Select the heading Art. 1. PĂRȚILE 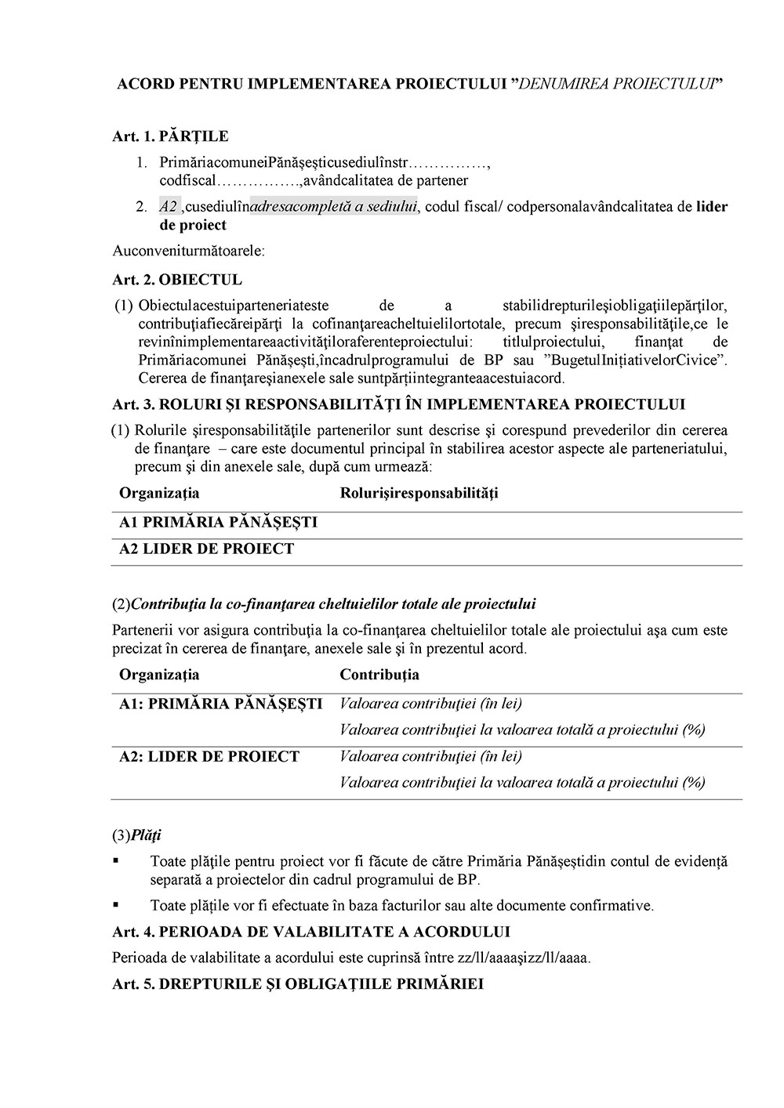[x=170, y=136]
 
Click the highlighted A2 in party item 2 [x=169, y=207]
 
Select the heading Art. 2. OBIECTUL [x=177, y=280]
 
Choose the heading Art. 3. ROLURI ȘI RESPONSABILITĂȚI [x=398, y=404]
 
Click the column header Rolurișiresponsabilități [x=419, y=493]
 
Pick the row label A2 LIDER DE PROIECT [x=206, y=549]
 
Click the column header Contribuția [x=379, y=675]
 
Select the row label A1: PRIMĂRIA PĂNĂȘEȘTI [x=220, y=704]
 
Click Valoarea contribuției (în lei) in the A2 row [x=430, y=756]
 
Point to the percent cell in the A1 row [x=522, y=730]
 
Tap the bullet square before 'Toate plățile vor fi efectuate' [x=116, y=904]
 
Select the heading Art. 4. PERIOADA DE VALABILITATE [x=311, y=932]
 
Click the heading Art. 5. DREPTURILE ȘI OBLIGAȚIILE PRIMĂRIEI [x=298, y=983]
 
